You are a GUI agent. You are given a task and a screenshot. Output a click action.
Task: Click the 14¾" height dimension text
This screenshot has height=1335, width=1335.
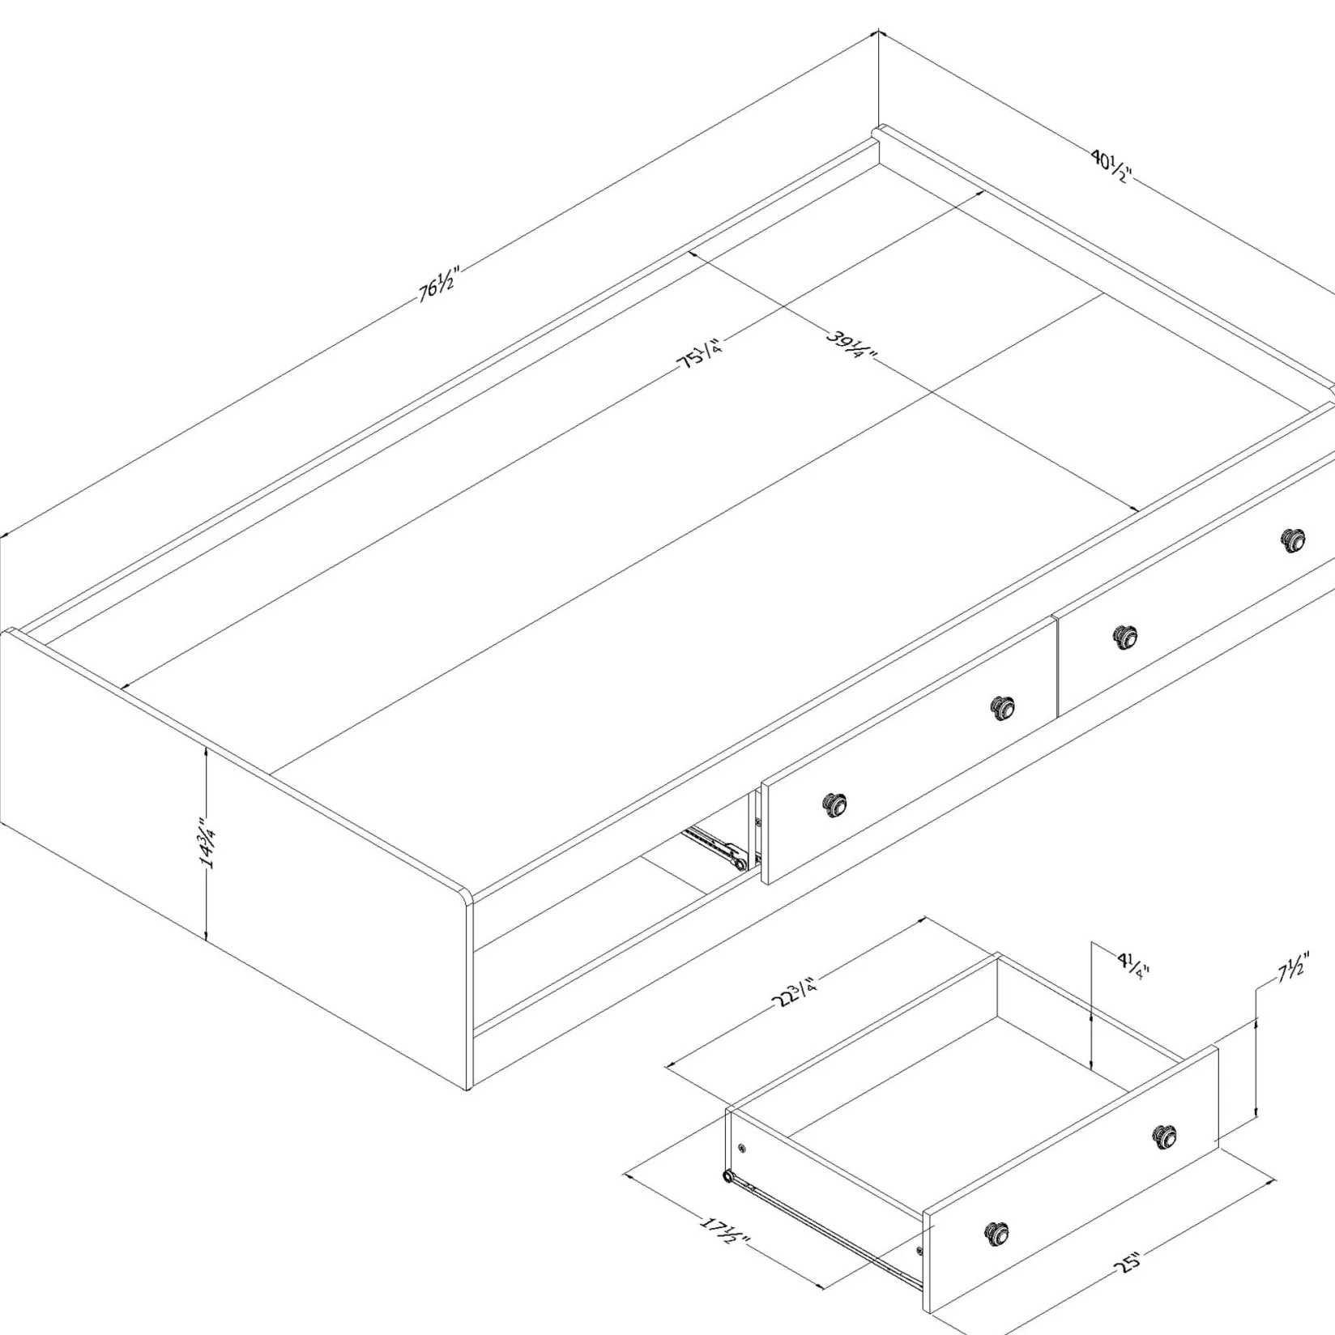(x=207, y=842)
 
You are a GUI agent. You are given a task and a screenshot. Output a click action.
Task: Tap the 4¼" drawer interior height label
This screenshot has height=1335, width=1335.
(x=1133, y=966)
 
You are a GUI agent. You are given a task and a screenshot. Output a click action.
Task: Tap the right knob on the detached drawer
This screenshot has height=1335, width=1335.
(x=1165, y=1137)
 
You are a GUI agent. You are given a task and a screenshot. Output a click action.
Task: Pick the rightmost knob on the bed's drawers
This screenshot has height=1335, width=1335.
(x=1293, y=540)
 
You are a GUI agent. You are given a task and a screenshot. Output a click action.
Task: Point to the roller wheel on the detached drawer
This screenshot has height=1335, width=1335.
(x=728, y=1175)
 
